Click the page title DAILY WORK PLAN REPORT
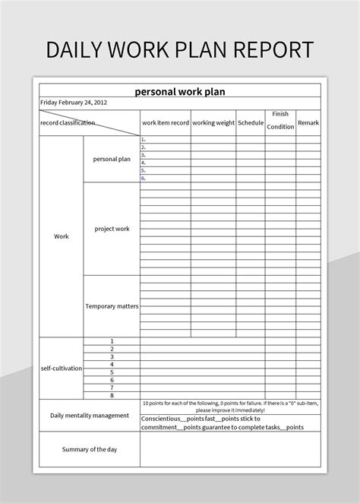coord(180,50)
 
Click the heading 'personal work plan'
coord(180,92)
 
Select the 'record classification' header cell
coord(68,122)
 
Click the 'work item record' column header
coord(165,122)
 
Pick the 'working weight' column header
coord(213,122)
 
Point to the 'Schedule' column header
coord(250,122)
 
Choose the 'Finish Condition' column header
coord(280,121)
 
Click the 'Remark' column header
coord(308,122)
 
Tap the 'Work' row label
coord(62,236)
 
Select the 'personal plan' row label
coord(112,160)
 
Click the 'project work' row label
coord(112,229)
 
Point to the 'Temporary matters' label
coord(112,306)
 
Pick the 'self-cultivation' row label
coord(62,368)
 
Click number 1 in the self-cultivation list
coord(112,341)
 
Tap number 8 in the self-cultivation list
coord(112,395)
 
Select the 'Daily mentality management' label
coord(90,416)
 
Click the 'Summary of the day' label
coord(90,449)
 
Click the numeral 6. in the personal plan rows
coord(143,178)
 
